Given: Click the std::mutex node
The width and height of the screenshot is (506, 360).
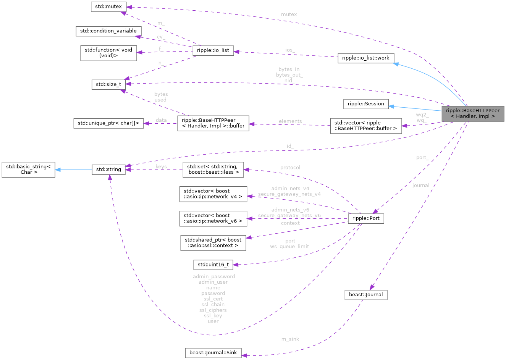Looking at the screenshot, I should click(x=108, y=7).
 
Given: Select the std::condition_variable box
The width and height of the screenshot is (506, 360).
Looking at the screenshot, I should click(x=108, y=31).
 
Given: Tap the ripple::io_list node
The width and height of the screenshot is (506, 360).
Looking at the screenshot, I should click(x=213, y=51).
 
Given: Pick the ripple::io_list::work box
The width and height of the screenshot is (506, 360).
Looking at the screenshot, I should click(x=366, y=58).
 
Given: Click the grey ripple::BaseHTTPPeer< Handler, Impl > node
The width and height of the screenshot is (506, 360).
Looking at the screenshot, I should click(x=472, y=113).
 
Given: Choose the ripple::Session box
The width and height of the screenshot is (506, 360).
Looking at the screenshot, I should click(x=366, y=104).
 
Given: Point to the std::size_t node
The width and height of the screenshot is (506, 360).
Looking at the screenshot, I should click(x=108, y=85).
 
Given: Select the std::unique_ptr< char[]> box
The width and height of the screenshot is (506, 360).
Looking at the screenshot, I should click(x=108, y=123).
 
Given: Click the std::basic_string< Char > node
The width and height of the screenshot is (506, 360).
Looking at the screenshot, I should click(x=29, y=169).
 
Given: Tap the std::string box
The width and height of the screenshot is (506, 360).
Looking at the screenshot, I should click(x=108, y=170).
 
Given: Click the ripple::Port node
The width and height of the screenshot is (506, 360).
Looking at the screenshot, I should click(x=366, y=219).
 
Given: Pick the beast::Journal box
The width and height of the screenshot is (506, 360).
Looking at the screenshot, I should click(x=366, y=295).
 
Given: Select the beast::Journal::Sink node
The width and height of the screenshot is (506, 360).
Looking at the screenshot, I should click(x=213, y=353).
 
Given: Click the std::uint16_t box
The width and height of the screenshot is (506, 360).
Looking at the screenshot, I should click(x=213, y=265).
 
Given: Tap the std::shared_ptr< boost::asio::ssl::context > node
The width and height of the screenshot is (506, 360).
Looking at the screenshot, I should click(x=213, y=243).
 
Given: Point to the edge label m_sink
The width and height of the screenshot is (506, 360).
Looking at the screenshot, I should click(x=290, y=339).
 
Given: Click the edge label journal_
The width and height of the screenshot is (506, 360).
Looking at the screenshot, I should click(x=422, y=186).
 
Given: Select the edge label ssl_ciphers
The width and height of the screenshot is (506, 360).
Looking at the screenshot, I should click(x=213, y=310).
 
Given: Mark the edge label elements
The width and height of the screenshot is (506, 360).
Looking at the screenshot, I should click(x=290, y=121).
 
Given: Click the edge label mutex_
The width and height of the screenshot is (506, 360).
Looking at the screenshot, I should click(x=290, y=15).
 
